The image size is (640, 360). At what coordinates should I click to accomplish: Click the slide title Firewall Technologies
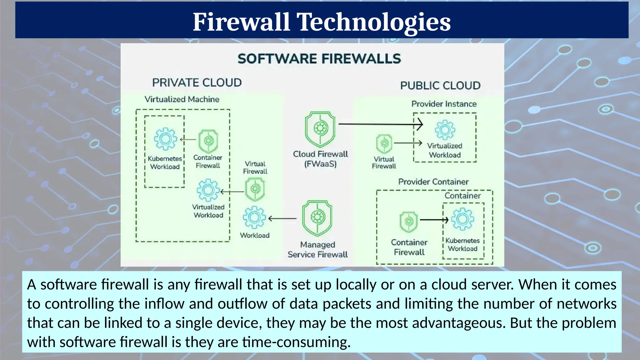pyautogui.click(x=322, y=22)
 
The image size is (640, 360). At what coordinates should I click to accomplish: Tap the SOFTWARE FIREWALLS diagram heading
pyautogui.click(x=319, y=59)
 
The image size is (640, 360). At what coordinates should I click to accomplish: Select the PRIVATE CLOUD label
pyautogui.click(x=197, y=83)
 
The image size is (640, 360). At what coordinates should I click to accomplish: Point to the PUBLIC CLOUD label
pyautogui.click(x=440, y=86)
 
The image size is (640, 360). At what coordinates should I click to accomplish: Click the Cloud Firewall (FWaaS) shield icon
pyautogui.click(x=320, y=129)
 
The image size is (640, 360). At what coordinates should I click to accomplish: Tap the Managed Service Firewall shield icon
pyautogui.click(x=317, y=218)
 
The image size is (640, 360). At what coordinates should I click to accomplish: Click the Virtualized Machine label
pyautogui.click(x=182, y=99)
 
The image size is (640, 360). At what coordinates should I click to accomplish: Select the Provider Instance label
pyautogui.click(x=444, y=104)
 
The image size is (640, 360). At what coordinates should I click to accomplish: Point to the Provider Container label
pyautogui.click(x=433, y=182)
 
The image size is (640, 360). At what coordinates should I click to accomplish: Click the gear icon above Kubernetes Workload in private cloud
pyautogui.click(x=165, y=139)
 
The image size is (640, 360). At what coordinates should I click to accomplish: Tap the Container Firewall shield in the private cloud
pyautogui.click(x=208, y=141)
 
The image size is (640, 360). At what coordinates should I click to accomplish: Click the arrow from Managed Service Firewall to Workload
pyautogui.click(x=282, y=219)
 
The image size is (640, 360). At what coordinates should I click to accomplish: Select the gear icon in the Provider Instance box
pyautogui.click(x=445, y=130)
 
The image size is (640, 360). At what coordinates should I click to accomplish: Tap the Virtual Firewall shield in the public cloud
pyautogui.click(x=384, y=144)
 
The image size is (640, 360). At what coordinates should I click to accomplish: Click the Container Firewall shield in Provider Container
pyautogui.click(x=408, y=222)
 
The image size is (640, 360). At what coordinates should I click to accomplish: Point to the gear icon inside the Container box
pyautogui.click(x=462, y=219)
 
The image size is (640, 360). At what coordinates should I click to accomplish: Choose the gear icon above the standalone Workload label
pyautogui.click(x=254, y=217)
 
